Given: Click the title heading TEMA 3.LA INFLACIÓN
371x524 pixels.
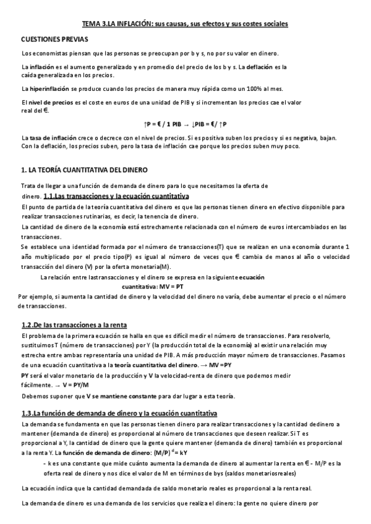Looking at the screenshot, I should pyautogui.click(x=185, y=23).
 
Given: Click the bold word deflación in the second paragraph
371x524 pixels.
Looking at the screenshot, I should pyautogui.click(x=256, y=66).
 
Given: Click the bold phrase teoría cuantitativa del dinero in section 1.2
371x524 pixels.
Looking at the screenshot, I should pyautogui.click(x=163, y=366).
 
